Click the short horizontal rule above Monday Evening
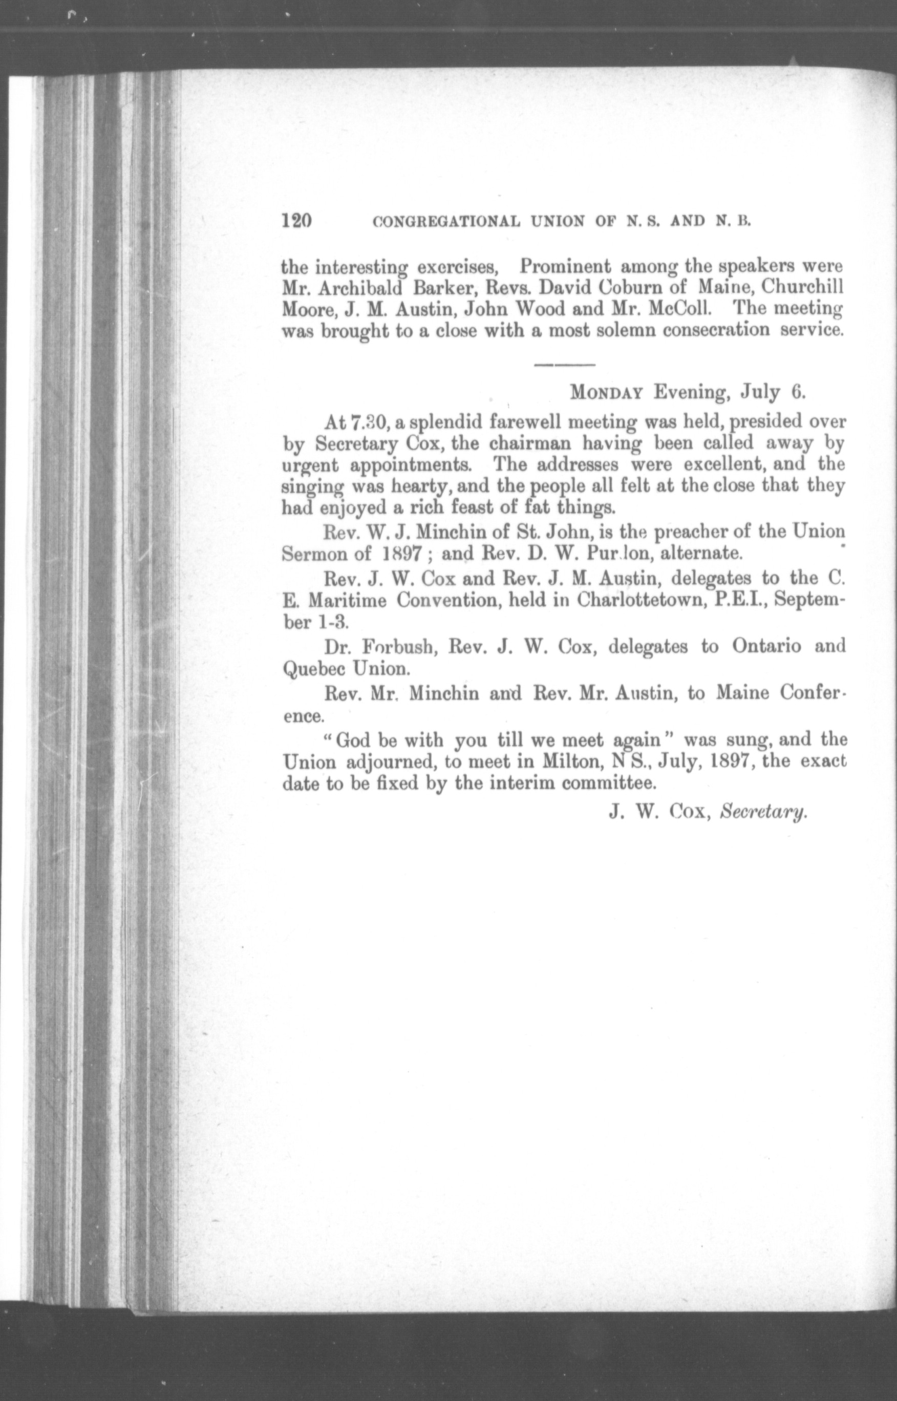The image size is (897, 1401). (564, 365)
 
